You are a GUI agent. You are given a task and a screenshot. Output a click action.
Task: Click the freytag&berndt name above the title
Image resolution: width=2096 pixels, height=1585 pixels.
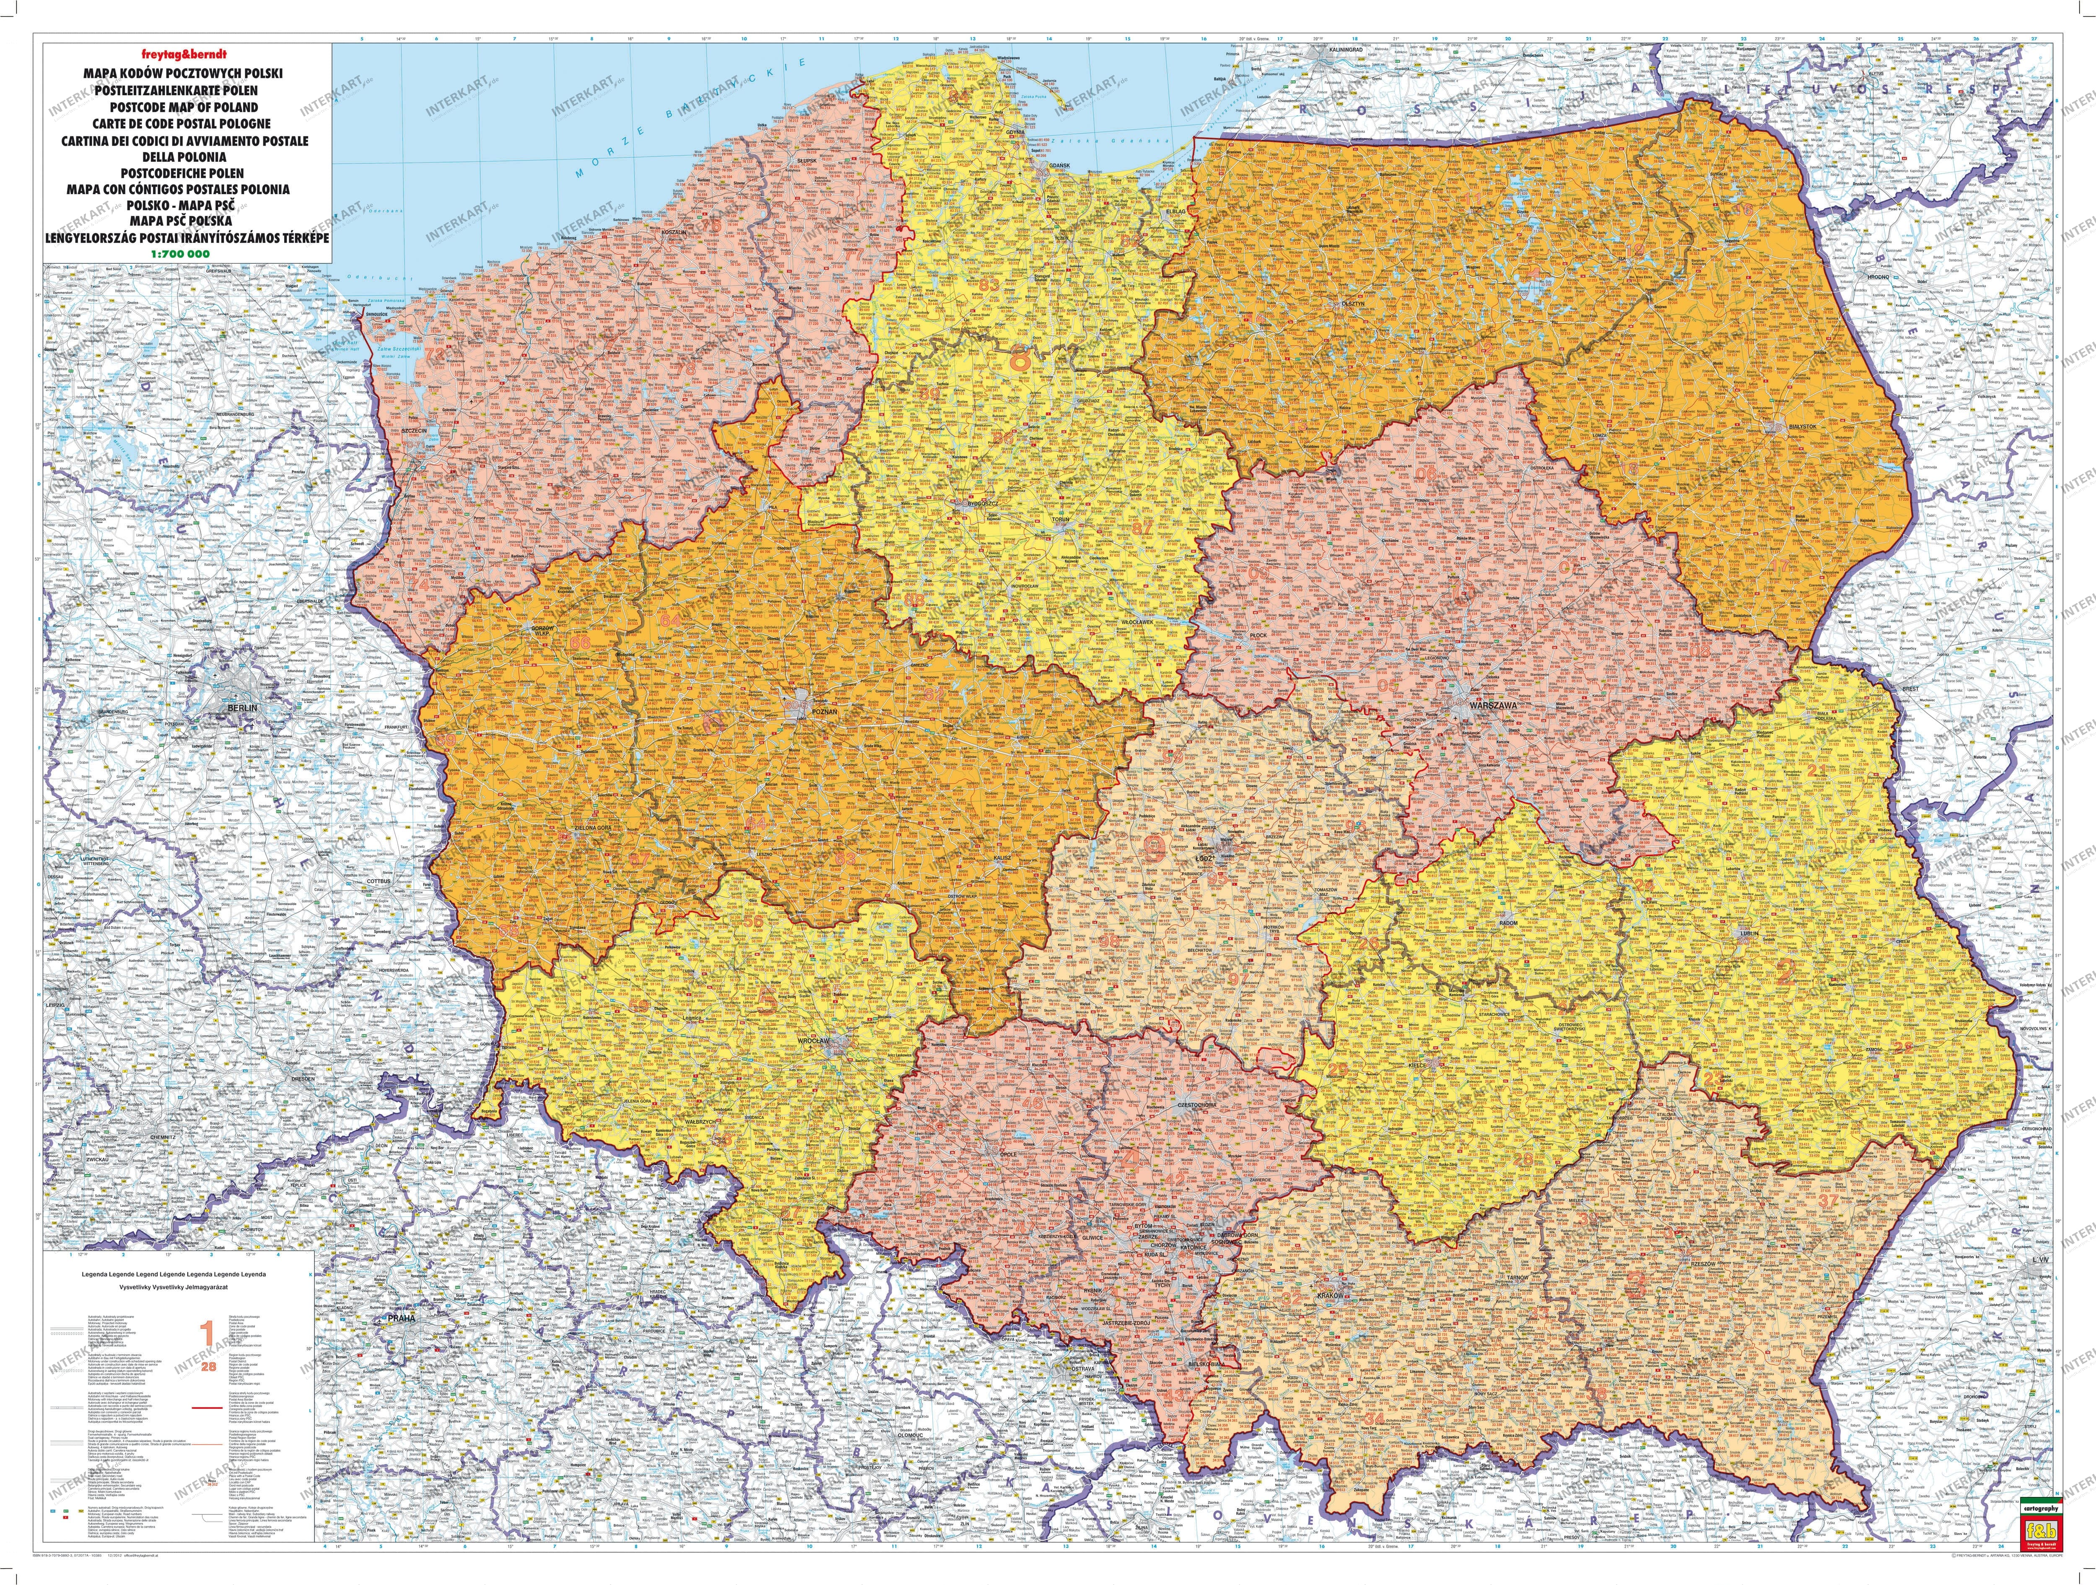[111, 53]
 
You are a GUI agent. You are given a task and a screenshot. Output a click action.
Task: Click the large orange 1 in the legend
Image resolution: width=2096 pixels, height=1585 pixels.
[207, 1335]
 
